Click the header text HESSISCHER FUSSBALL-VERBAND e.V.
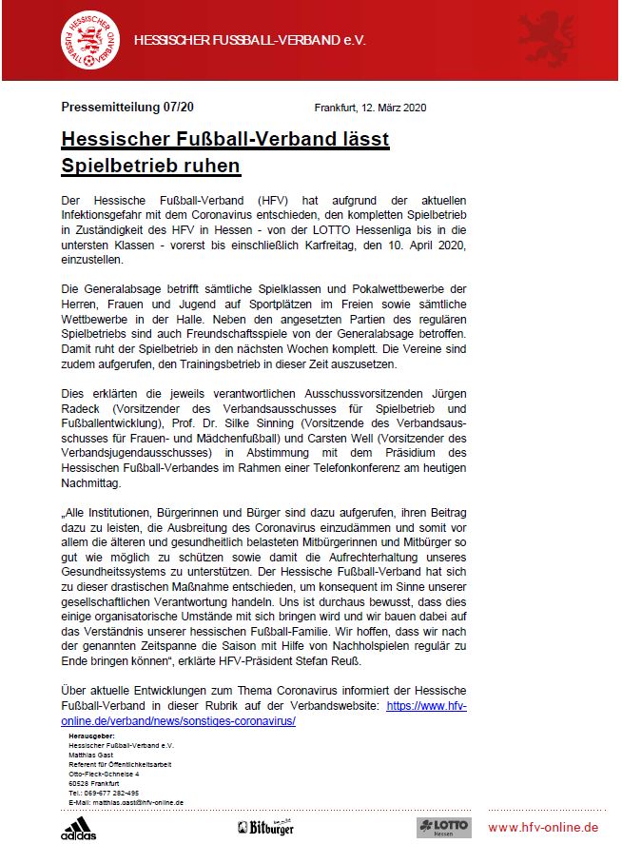pyautogui.click(x=250, y=41)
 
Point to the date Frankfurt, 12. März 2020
pyautogui.click(x=370, y=108)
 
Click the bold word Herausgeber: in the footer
pyautogui.click(x=92, y=736)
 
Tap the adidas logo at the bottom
pyautogui.click(x=78, y=827)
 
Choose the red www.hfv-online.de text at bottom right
pyautogui.click(x=543, y=827)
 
